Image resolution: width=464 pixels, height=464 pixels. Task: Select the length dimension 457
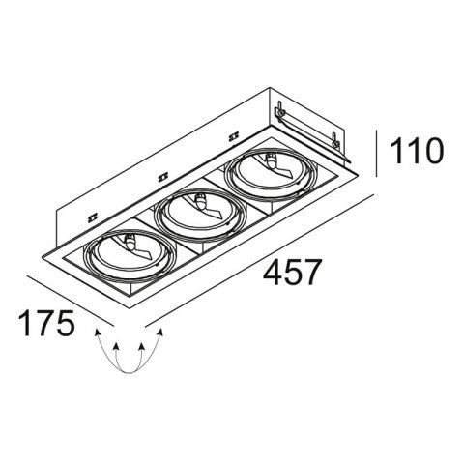click(x=290, y=274)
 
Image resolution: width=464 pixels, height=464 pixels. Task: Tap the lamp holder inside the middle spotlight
click(x=200, y=201)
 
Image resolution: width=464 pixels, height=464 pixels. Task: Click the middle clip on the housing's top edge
click(x=160, y=176)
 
